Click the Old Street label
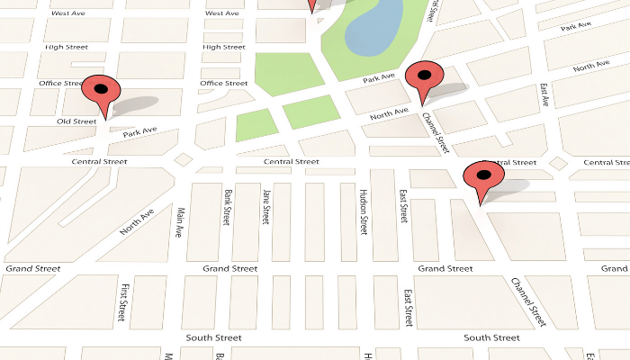[76, 121]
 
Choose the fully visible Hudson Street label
[364, 212]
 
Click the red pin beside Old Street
[101, 94]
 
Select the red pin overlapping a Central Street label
[482, 181]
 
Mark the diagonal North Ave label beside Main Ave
[138, 222]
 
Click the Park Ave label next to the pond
[380, 80]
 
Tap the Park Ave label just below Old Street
[139, 132]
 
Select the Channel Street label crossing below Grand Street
[528, 302]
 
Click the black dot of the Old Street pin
[101, 88]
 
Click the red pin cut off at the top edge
[312, 5]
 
